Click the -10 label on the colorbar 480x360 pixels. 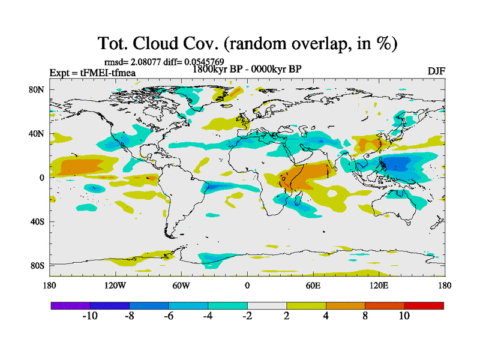tap(89, 316)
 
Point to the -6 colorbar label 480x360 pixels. tap(168, 316)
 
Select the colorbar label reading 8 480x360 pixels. tap(365, 316)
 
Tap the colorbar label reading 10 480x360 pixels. tap(404, 316)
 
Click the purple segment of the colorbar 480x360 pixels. tap(70, 305)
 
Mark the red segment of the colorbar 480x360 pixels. tap(424, 305)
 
